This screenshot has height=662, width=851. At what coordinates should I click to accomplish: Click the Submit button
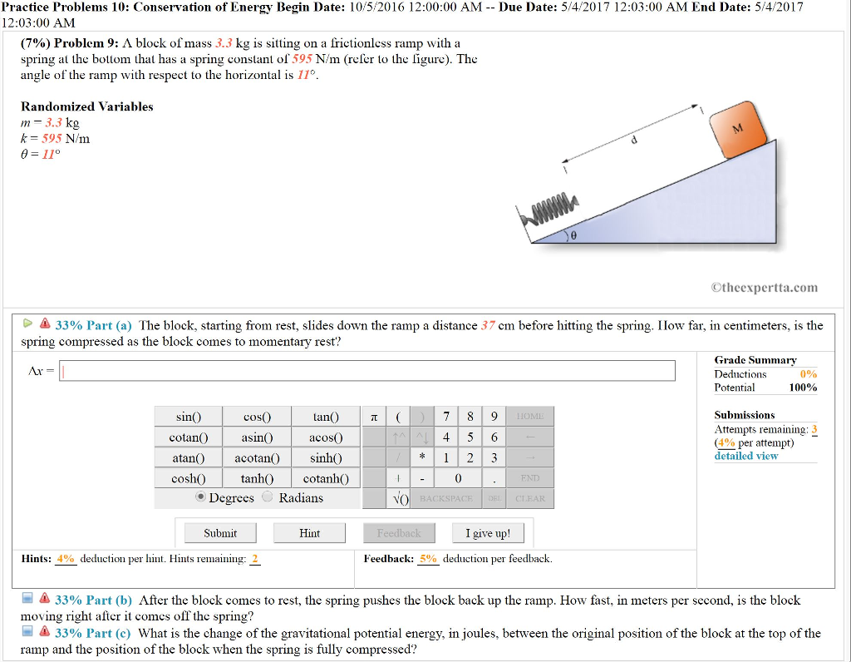pyautogui.click(x=220, y=533)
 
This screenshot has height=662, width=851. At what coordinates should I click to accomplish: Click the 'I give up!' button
pyautogui.click(x=488, y=533)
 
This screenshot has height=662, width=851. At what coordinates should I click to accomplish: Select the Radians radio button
pyautogui.click(x=268, y=497)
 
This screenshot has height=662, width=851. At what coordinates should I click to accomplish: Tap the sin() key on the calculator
pyautogui.click(x=189, y=417)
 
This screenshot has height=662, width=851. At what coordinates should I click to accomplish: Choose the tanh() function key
pyautogui.click(x=257, y=478)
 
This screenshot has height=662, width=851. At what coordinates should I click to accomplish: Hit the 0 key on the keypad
pyautogui.click(x=458, y=478)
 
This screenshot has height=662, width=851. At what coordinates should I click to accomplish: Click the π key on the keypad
pyautogui.click(x=373, y=417)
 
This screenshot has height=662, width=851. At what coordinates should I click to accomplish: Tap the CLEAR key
pyautogui.click(x=530, y=498)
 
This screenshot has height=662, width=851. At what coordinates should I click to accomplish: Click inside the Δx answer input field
pyautogui.click(x=366, y=371)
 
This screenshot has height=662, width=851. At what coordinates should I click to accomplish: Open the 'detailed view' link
pyautogui.click(x=746, y=456)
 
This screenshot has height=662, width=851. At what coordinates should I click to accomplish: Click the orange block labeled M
pyautogui.click(x=738, y=130)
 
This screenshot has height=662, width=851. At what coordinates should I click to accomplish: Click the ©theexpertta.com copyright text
pyautogui.click(x=764, y=288)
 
